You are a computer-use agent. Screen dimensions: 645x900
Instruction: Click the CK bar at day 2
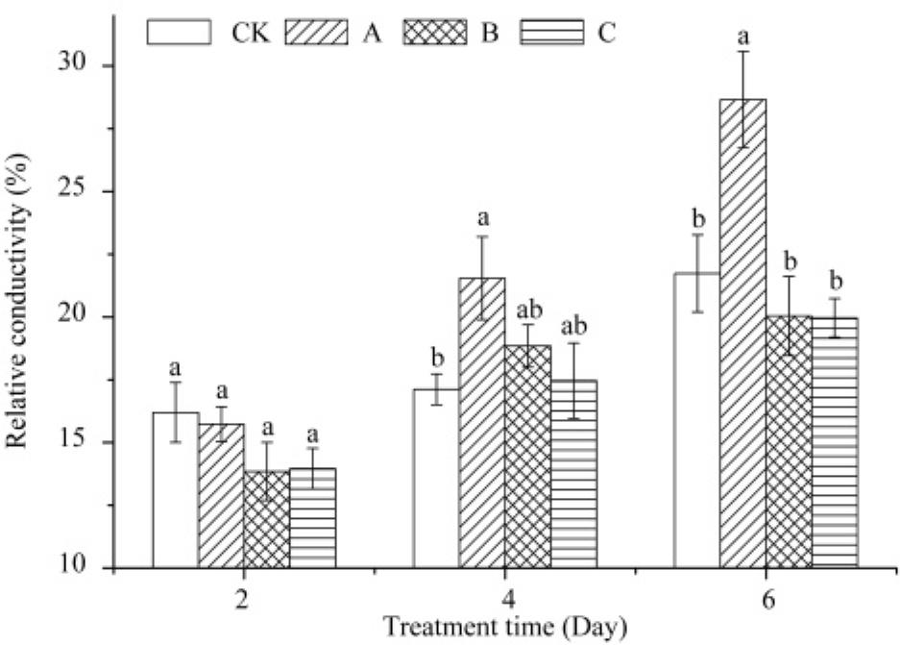click(x=176, y=490)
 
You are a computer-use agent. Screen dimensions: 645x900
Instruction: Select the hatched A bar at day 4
click(x=482, y=423)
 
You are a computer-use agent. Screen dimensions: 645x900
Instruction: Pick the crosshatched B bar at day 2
click(x=266, y=519)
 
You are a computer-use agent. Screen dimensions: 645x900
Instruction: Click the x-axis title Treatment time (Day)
click(x=505, y=626)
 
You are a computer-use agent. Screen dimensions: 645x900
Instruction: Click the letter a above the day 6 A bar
click(x=742, y=37)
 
